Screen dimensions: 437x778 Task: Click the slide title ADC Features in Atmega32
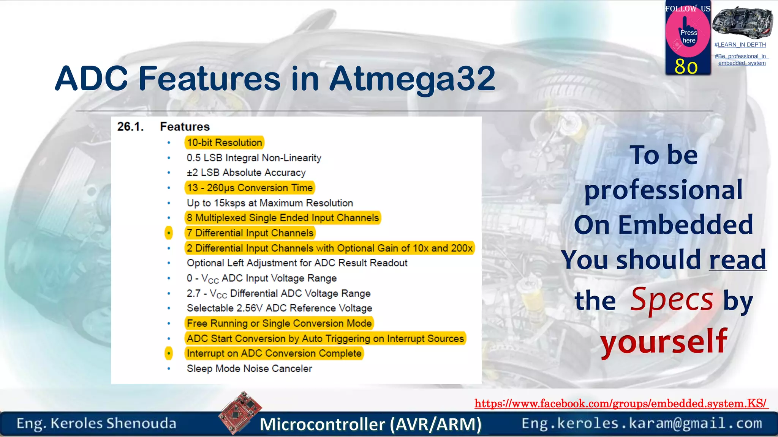275,79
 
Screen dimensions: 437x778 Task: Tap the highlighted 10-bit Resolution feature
224,143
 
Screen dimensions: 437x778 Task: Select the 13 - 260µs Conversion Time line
250,188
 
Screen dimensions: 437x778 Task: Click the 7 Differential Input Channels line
250,233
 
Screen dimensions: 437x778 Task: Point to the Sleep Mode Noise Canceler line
249,368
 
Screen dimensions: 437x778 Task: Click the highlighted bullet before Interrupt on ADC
169,353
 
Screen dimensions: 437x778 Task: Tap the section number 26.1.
130,126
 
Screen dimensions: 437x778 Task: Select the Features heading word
185,126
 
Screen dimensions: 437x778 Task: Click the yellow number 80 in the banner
686,67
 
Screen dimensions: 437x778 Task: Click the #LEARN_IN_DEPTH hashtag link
740,45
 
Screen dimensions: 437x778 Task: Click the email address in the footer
642,423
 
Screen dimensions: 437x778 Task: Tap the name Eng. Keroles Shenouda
96,423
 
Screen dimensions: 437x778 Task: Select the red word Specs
672,300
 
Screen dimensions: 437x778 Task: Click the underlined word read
737,260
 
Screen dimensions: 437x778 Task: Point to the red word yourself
664,341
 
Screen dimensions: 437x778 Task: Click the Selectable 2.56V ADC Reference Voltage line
279,308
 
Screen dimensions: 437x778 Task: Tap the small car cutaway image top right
742,23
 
